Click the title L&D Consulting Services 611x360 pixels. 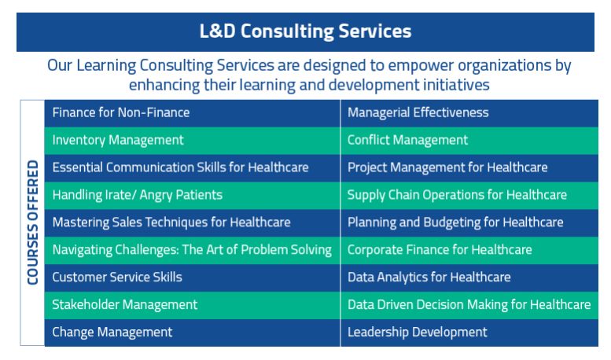(305, 31)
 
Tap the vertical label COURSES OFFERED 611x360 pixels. (33, 222)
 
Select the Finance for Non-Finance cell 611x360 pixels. (192, 113)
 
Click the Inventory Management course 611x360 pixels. (192, 141)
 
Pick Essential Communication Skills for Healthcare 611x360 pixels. (192, 168)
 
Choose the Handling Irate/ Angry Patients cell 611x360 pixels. (192, 196)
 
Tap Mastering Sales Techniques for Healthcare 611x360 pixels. (192, 223)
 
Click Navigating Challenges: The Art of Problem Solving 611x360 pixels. (192, 250)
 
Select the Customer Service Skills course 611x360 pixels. (192, 277)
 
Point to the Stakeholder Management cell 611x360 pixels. (192, 305)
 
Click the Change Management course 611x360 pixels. (192, 332)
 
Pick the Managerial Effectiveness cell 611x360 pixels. (469, 113)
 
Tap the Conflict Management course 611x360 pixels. (469, 141)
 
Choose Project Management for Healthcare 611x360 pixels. (469, 168)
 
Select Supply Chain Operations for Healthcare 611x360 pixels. (469, 196)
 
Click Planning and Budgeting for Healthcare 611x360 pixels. (469, 223)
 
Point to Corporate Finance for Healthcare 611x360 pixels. (469, 250)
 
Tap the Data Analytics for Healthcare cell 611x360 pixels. (469, 277)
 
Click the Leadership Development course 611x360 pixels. (469, 332)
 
